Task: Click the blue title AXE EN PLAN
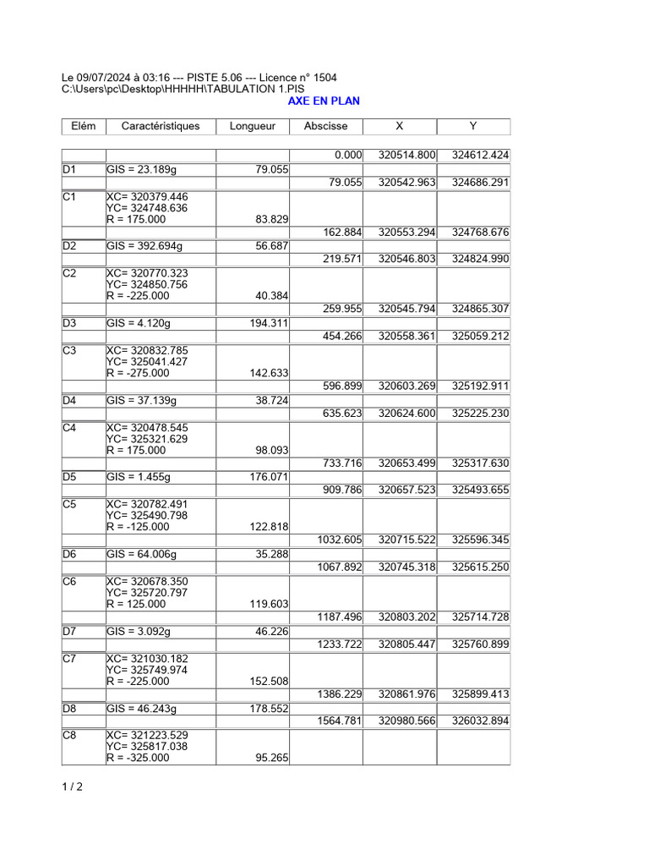click(x=324, y=101)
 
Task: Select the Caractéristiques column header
click(x=161, y=127)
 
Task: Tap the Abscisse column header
click(x=325, y=127)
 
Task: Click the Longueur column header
click(x=253, y=127)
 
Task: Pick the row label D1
click(x=69, y=170)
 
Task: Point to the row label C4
click(x=69, y=428)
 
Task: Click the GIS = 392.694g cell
click(x=145, y=247)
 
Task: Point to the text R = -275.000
click(x=138, y=373)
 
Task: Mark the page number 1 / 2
click(x=72, y=787)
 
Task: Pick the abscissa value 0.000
click(x=348, y=156)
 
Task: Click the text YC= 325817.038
click(x=147, y=747)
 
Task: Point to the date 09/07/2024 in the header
click(x=106, y=78)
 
